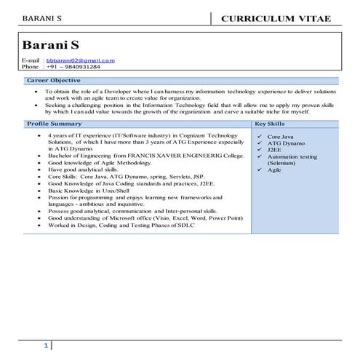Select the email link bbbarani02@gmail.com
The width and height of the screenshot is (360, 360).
tap(80, 60)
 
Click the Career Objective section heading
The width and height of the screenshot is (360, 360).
tap(53, 80)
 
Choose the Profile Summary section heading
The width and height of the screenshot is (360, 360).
tap(55, 124)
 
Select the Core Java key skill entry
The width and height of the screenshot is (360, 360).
tap(281, 136)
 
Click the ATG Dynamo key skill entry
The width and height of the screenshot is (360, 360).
tap(285, 143)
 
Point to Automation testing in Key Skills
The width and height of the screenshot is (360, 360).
tap(292, 156)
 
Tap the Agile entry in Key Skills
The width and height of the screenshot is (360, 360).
tap(274, 169)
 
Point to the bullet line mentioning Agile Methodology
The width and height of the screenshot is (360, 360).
tap(95, 163)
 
